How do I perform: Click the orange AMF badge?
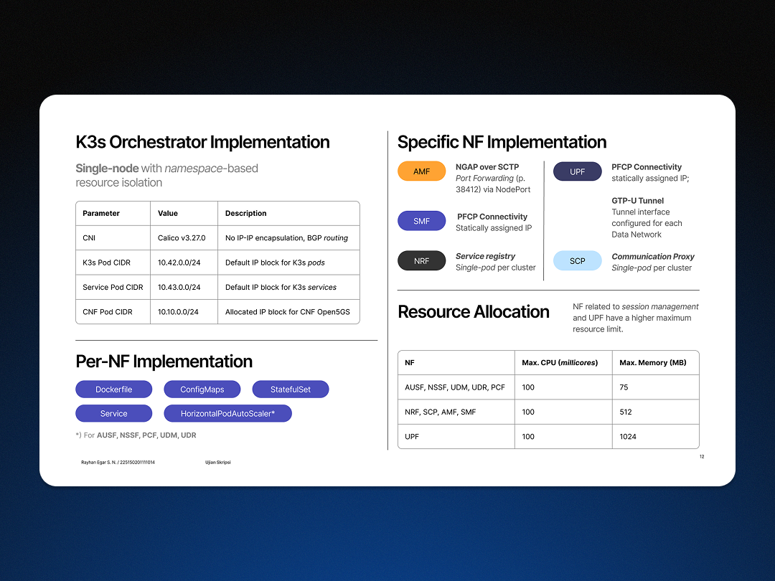click(421, 171)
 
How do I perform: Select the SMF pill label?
click(421, 221)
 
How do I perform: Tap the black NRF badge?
click(421, 261)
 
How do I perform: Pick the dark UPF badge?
click(577, 171)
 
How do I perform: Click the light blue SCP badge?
click(577, 261)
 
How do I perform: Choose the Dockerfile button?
click(113, 389)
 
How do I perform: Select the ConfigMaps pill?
click(202, 389)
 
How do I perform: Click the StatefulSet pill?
click(291, 389)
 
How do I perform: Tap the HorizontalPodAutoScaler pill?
click(227, 414)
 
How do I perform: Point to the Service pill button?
click(113, 414)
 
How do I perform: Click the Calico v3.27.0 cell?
click(182, 238)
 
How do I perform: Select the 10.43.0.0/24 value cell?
click(179, 287)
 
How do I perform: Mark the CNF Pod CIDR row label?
click(108, 312)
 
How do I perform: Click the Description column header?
click(245, 213)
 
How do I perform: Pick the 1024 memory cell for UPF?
click(628, 437)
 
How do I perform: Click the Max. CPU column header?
click(560, 363)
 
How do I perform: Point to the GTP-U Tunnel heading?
click(638, 201)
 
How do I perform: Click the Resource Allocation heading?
click(474, 312)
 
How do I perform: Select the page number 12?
click(702, 457)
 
